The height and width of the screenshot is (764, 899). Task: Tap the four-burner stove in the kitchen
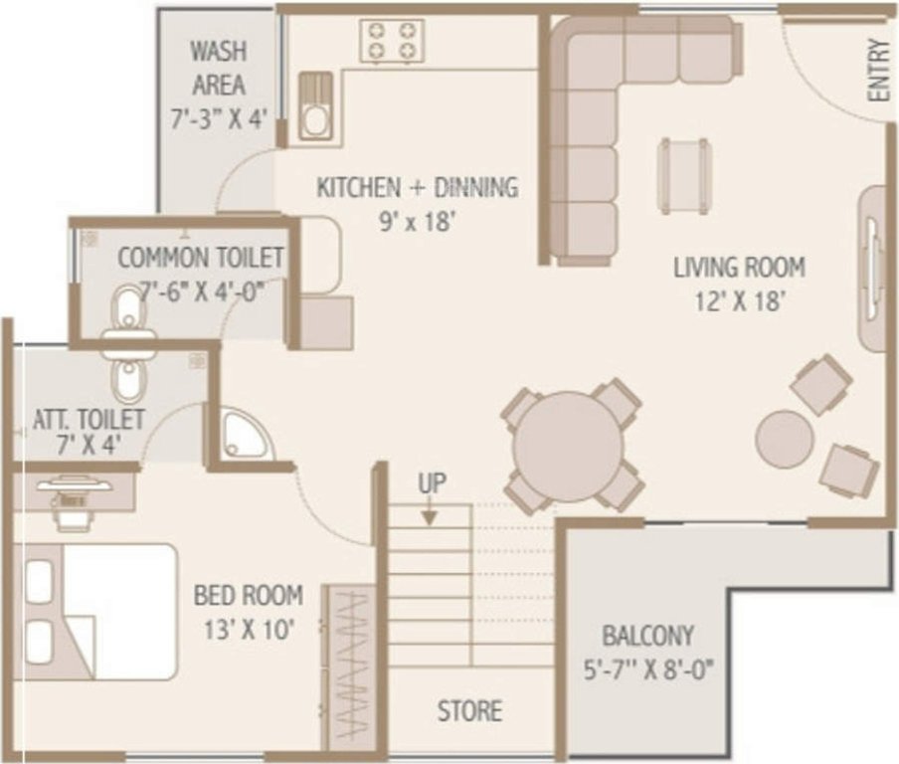click(x=392, y=41)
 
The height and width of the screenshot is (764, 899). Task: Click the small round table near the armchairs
click(x=784, y=438)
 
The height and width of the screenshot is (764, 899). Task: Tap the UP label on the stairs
click(x=432, y=483)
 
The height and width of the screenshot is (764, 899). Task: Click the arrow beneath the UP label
click(x=430, y=514)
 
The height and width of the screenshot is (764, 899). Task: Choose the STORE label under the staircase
click(x=469, y=711)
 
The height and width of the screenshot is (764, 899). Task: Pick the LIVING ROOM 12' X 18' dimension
click(x=739, y=299)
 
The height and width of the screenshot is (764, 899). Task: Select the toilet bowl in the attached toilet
click(x=127, y=379)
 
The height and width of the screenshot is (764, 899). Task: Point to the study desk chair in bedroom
click(x=70, y=516)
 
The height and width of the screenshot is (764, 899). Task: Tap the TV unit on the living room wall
click(x=872, y=269)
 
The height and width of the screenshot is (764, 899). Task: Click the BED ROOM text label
click(x=248, y=596)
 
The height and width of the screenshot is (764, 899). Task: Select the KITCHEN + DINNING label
click(x=417, y=187)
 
